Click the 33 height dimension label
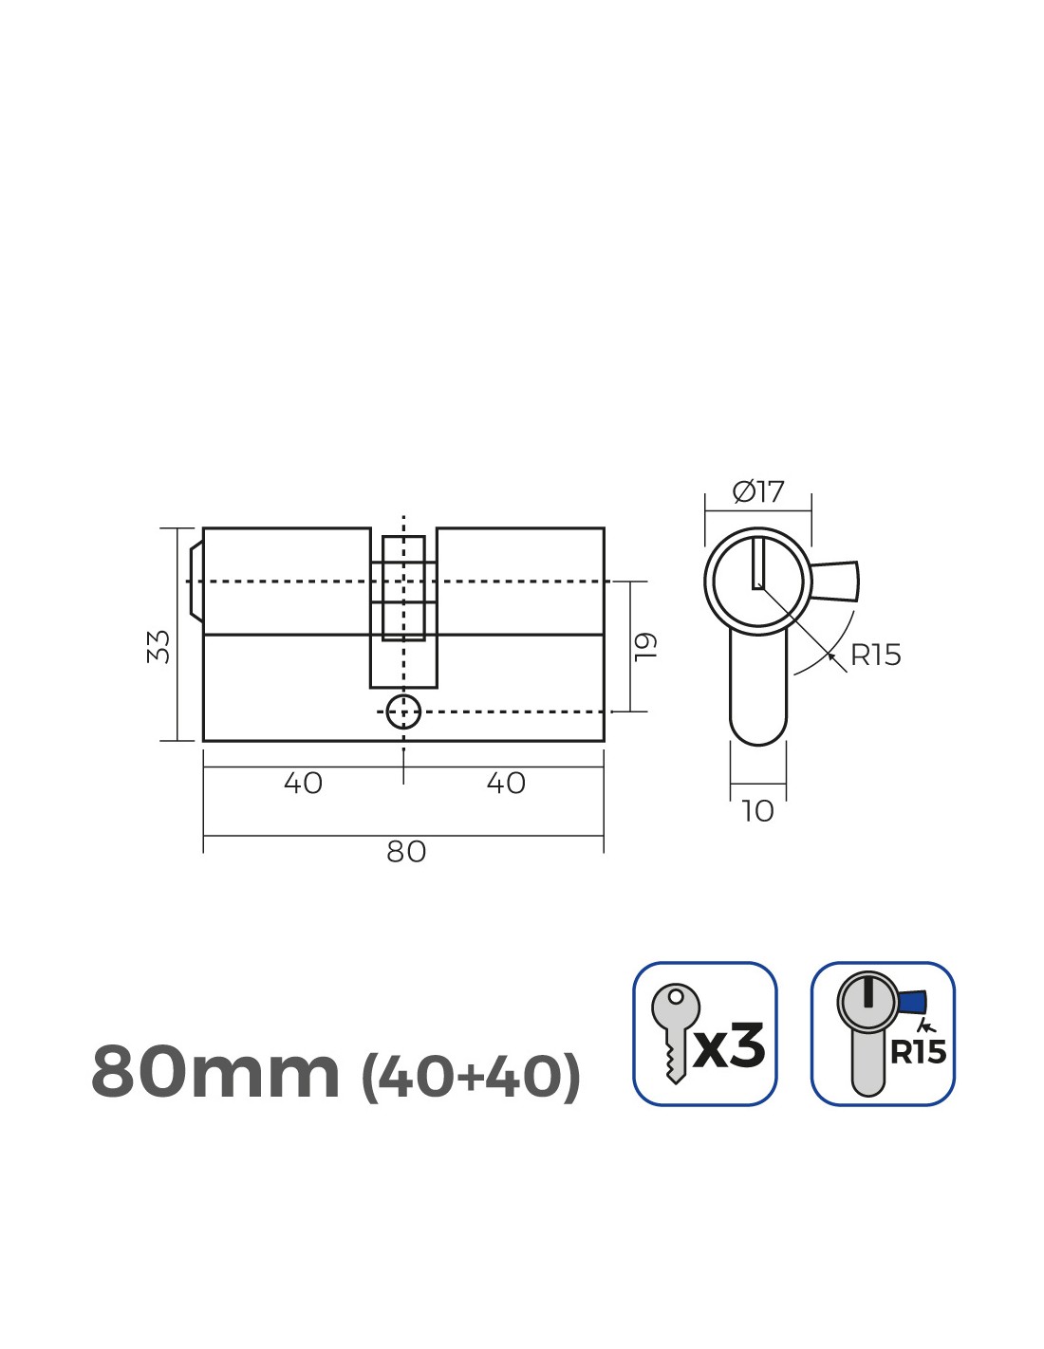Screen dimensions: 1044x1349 point(158,646)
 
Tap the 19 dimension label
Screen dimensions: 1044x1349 point(645,647)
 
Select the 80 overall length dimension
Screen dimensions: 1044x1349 point(406,852)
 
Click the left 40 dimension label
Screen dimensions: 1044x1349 point(303,784)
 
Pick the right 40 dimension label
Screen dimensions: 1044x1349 point(506,784)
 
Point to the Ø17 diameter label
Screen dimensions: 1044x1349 point(757,492)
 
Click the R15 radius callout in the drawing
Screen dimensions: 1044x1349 point(875,656)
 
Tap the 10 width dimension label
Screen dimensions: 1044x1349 point(757,811)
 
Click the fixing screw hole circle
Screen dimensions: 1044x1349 point(403,712)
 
